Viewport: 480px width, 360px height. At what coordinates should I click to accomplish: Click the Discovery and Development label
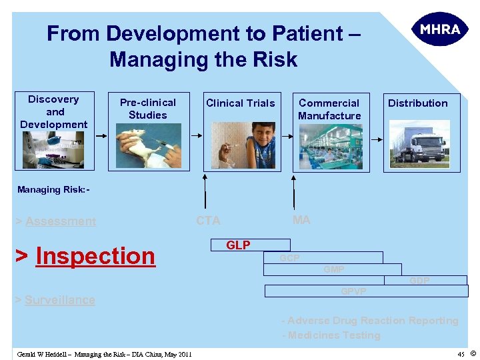pyautogui.click(x=54, y=111)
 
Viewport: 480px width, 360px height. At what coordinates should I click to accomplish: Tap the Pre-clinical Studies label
pyautogui.click(x=147, y=109)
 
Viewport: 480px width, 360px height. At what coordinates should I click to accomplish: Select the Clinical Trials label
pyautogui.click(x=240, y=103)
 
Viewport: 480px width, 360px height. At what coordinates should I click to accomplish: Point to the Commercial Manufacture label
pyautogui.click(x=329, y=109)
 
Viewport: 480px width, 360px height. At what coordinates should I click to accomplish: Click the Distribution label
pyautogui.click(x=417, y=103)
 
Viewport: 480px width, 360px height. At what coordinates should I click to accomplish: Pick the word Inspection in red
pyautogui.click(x=95, y=255)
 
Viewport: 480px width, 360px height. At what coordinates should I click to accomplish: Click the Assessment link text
pyautogui.click(x=61, y=221)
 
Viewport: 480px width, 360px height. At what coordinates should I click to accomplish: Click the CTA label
pyautogui.click(x=208, y=221)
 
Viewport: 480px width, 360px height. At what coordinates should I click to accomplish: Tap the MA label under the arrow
pyautogui.click(x=301, y=220)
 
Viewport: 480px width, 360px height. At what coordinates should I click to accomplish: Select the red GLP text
pyautogui.click(x=238, y=245)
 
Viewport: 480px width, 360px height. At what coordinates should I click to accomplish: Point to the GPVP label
pyautogui.click(x=353, y=291)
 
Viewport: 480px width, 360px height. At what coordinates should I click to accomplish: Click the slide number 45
pyautogui.click(x=461, y=353)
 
